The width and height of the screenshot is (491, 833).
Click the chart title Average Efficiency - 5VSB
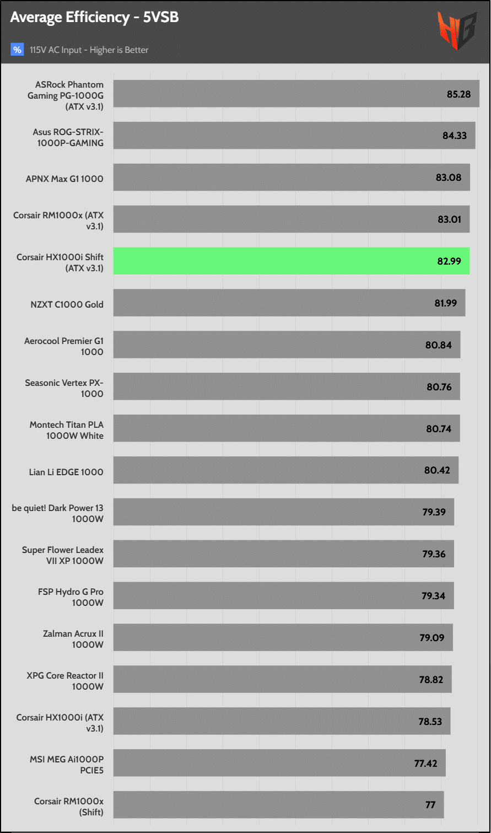tap(94, 18)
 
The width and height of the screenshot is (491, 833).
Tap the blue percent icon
tap(17, 50)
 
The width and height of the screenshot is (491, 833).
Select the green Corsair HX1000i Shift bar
tap(291, 261)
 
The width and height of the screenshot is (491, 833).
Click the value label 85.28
tap(458, 94)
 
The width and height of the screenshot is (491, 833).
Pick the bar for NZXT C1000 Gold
tap(289, 303)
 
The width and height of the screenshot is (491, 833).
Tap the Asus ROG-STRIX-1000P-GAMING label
tap(68, 137)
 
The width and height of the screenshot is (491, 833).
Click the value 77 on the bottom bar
tap(430, 805)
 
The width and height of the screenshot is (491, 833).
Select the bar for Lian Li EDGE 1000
tap(285, 470)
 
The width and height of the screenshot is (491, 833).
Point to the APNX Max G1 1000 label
tap(64, 179)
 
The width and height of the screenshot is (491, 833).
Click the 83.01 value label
tap(449, 219)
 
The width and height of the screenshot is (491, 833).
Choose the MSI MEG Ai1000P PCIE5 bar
tap(279, 763)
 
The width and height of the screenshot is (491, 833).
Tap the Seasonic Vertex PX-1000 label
tap(64, 388)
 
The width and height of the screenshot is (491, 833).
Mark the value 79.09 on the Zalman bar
tap(432, 638)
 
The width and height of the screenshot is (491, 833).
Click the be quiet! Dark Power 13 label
tap(57, 514)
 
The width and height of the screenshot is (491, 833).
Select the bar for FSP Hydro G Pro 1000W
tap(283, 595)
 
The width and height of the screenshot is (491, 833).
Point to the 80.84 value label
tap(438, 345)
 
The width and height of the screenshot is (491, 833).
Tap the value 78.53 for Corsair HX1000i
tap(430, 722)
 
